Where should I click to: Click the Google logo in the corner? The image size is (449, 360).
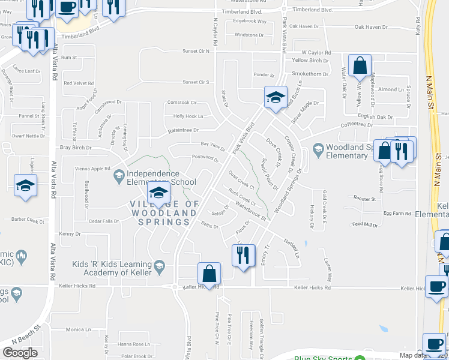tap(20, 352)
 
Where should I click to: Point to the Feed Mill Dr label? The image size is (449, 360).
tap(365, 225)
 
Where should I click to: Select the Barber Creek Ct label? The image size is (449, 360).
tap(29, 221)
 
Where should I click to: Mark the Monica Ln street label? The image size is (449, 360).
tap(79, 329)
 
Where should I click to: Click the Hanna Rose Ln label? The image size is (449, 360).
tap(133, 344)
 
